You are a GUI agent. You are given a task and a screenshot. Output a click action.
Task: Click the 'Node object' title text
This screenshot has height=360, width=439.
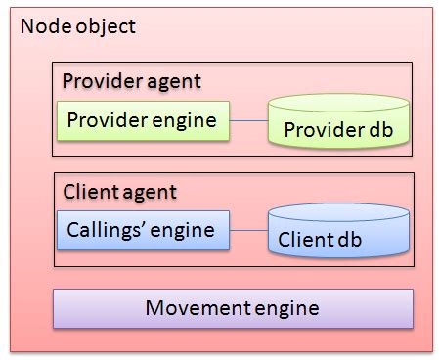pyautogui.click(x=77, y=26)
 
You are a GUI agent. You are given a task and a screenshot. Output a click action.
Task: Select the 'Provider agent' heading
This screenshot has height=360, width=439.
pyautogui.click(x=131, y=80)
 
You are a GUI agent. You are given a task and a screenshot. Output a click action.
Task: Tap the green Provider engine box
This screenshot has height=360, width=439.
pyautogui.click(x=142, y=121)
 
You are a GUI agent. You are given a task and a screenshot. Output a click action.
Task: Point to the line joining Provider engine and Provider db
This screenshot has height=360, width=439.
pyautogui.click(x=248, y=122)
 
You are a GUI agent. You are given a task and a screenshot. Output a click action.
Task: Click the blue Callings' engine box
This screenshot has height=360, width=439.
pyautogui.click(x=142, y=231)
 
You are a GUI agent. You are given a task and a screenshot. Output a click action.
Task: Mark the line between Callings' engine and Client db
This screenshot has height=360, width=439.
pyautogui.click(x=248, y=232)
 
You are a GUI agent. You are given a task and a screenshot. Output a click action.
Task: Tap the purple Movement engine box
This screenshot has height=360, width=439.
pyautogui.click(x=233, y=308)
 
